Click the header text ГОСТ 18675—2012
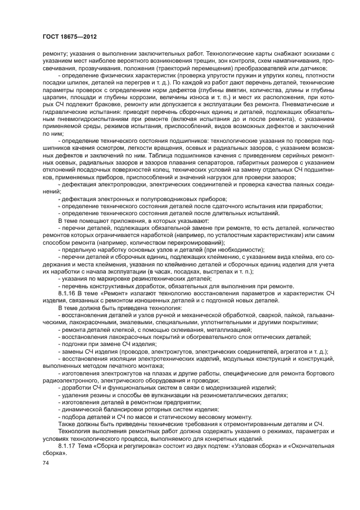click(66, 37)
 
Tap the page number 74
click(46, 462)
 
